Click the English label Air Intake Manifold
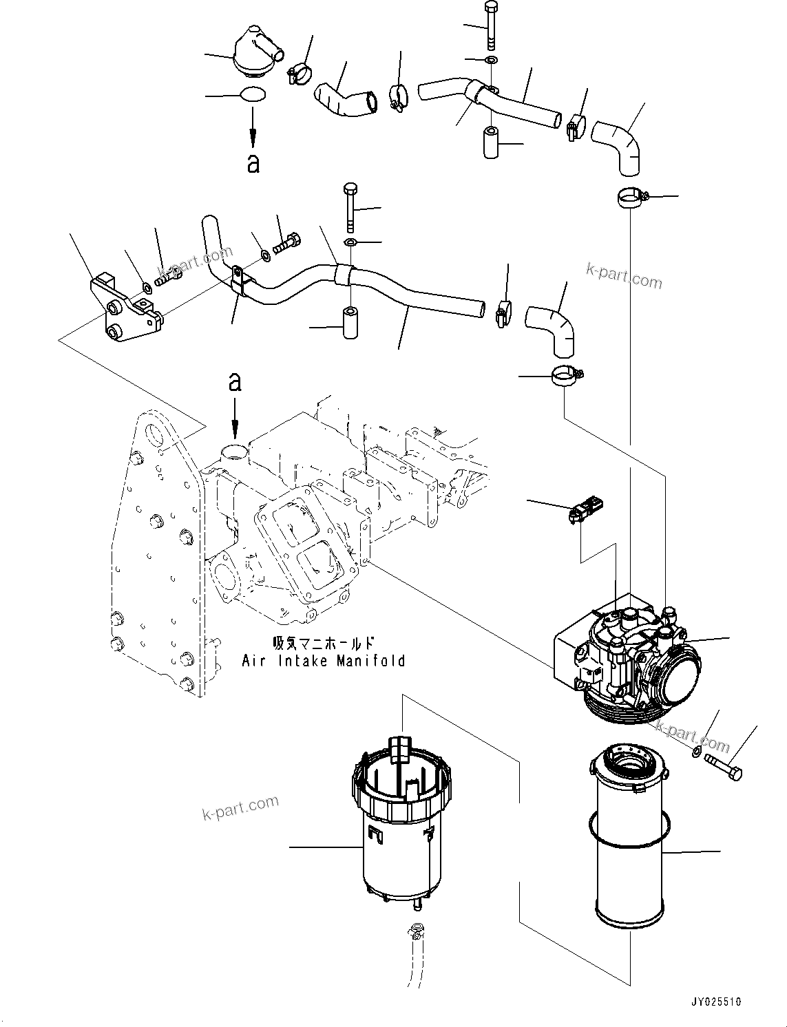[x=323, y=661]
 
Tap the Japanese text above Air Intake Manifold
[x=323, y=644]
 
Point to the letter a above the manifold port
[x=235, y=383]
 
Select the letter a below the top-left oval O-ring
[x=253, y=164]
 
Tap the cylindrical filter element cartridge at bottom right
[x=628, y=847]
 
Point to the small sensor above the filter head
[x=583, y=513]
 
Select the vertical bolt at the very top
[x=490, y=28]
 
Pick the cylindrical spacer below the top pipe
[x=491, y=142]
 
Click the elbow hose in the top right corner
[x=620, y=145]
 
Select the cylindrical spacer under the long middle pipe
[x=350, y=323]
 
